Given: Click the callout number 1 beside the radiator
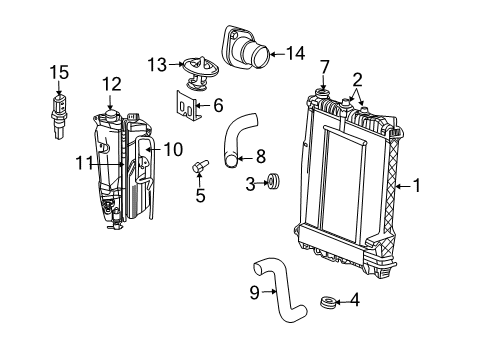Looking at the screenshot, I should [x=419, y=185].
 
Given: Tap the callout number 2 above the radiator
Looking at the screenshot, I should [x=357, y=78].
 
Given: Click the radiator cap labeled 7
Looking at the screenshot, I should [x=325, y=96].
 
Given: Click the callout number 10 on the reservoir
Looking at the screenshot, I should [x=173, y=149].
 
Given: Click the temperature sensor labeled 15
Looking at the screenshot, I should [x=61, y=105].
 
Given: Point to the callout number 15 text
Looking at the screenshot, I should [x=60, y=71].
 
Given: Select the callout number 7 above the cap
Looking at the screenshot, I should [x=325, y=66].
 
